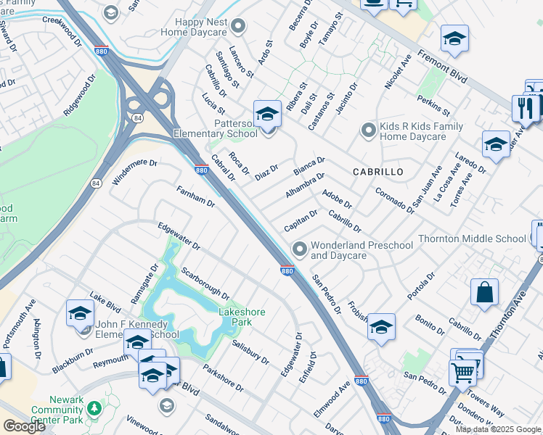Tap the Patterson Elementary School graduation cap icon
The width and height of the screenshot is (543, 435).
click(267, 114)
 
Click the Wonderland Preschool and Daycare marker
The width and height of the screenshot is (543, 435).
click(298, 249)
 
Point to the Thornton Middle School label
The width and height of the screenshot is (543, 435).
click(481, 239)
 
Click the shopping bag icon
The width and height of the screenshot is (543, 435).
click(484, 293)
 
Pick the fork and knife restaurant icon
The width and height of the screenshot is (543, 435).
click(523, 108)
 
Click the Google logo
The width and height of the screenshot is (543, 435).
click(24, 426)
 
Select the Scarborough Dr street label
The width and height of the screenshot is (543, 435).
click(205, 286)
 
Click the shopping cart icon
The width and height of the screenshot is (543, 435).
click(462, 373)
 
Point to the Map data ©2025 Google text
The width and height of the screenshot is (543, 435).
click(498, 429)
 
